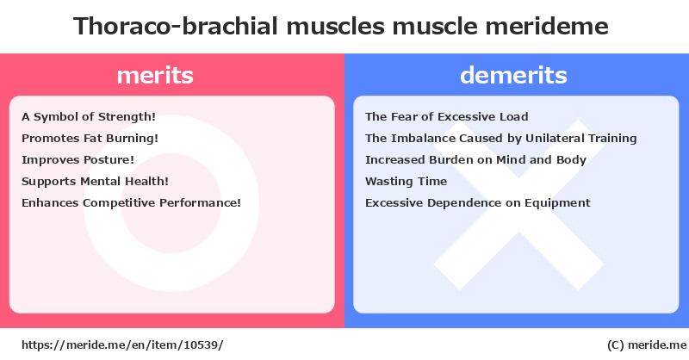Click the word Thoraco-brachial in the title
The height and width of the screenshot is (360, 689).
pyautogui.click(x=176, y=26)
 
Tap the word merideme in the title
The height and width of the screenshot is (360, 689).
pyautogui.click(x=547, y=26)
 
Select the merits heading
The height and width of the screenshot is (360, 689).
pyautogui.click(x=155, y=75)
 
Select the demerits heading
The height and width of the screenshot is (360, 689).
pyautogui.click(x=513, y=75)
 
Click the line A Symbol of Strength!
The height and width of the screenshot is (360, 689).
pyautogui.click(x=89, y=117)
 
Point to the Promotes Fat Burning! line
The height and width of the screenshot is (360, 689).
pyautogui.click(x=90, y=139)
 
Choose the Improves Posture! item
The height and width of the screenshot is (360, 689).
pyautogui.click(x=78, y=160)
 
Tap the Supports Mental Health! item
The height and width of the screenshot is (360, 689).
pyautogui.click(x=95, y=182)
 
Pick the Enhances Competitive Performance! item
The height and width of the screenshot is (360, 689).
pyautogui.click(x=132, y=203)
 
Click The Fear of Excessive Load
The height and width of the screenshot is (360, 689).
pyautogui.click(x=446, y=117)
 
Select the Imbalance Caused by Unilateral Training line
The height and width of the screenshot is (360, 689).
pyautogui.click(x=501, y=139)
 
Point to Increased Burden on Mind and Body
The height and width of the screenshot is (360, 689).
pyautogui.click(x=475, y=160)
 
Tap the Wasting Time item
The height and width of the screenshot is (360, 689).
pyautogui.click(x=406, y=182)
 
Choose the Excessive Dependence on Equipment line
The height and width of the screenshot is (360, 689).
pyautogui.click(x=478, y=203)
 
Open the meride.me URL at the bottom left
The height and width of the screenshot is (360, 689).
pyautogui.click(x=122, y=345)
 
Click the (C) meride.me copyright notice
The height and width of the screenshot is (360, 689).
pyautogui.click(x=647, y=345)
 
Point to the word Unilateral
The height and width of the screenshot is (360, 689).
pyautogui.click(x=555, y=139)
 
